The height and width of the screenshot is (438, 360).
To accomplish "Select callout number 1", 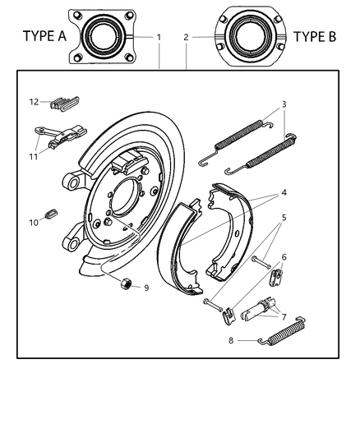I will point(159,37).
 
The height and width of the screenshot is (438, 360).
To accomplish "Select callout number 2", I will point(187,37).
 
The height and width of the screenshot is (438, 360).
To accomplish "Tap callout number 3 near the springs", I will point(284,104).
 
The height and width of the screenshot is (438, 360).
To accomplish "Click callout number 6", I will point(284,257).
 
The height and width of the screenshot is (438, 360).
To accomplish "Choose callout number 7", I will point(284,316).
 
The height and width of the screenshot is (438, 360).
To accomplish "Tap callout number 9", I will point(146,288).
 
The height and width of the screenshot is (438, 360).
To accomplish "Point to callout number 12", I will point(34,102).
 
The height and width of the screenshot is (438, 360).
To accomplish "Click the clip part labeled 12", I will point(63,104).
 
